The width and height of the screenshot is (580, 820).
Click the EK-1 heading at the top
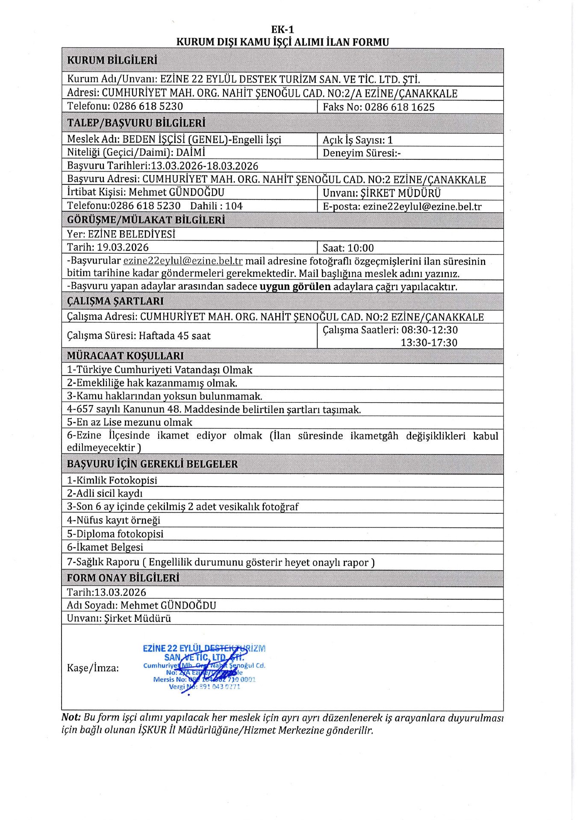tap(283, 29)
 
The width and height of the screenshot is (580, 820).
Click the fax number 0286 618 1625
tap(399, 107)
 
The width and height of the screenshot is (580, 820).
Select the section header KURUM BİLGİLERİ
tap(112, 60)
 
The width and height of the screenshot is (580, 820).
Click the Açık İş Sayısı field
tap(357, 140)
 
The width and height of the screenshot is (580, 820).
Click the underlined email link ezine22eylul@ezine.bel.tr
tap(183, 261)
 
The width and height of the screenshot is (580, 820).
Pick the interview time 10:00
tap(361, 248)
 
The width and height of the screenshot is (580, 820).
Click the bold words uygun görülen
tap(295, 287)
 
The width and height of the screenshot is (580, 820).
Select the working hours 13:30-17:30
tap(429, 343)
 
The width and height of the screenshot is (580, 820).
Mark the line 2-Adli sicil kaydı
tap(105, 493)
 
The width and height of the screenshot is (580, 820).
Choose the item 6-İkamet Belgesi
tap(105, 547)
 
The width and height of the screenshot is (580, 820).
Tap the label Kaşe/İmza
tap(93, 668)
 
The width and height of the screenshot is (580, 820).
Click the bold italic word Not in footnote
tap(71, 718)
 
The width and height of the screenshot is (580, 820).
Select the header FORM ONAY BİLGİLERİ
tap(123, 578)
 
